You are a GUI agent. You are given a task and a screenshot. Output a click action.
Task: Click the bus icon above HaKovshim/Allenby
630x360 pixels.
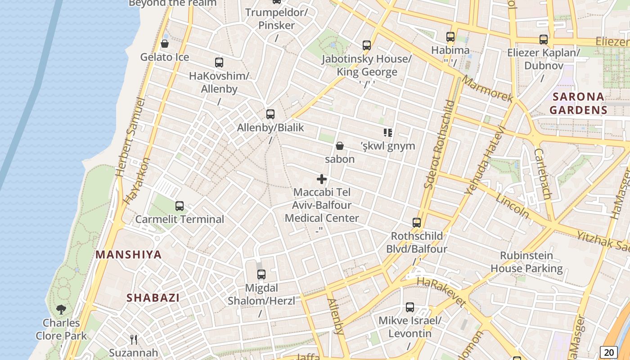point(219,63)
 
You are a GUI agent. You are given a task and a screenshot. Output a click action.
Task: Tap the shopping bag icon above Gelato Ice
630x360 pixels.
point(165,44)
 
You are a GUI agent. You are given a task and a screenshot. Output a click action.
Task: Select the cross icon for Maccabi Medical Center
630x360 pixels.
point(322,179)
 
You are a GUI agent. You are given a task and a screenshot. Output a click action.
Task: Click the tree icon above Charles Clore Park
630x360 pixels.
point(61,310)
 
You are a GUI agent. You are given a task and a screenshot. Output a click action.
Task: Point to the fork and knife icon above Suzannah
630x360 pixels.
point(134,339)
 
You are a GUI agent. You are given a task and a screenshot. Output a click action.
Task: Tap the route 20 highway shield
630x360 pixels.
point(608,352)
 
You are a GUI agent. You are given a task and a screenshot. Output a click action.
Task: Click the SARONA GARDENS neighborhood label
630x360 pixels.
point(578,103)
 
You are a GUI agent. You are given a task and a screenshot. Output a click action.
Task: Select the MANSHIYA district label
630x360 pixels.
point(129,255)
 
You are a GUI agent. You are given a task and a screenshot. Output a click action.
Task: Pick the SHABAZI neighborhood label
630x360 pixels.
point(153,298)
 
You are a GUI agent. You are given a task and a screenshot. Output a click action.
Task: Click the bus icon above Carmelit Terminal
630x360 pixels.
point(180,206)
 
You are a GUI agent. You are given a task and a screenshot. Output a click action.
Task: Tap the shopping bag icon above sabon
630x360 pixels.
point(340,146)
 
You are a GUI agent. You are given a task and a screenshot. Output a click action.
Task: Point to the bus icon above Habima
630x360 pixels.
point(450,37)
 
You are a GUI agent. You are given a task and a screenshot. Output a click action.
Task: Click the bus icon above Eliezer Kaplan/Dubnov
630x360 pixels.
point(544,40)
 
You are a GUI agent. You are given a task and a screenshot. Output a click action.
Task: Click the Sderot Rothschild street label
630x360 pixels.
point(440,144)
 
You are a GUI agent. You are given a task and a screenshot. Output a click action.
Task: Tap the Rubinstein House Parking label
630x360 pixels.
point(526,262)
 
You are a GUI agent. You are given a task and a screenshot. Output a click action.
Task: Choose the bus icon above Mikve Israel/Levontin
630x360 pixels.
point(410,307)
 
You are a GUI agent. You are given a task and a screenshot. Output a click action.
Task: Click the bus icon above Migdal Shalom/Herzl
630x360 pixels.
point(261,274)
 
